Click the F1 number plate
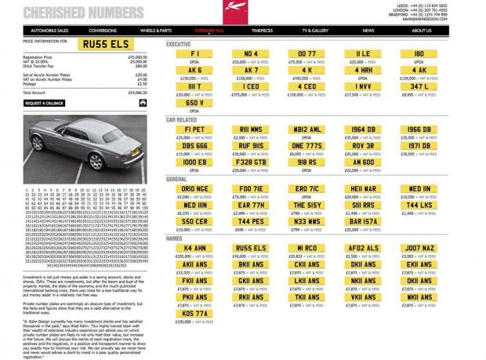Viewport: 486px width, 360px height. (x=194, y=53)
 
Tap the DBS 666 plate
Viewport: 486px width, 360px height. (x=194, y=145)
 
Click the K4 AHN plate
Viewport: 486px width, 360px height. (x=194, y=249)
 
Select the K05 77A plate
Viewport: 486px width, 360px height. (x=194, y=314)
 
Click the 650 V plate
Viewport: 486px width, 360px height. (x=194, y=102)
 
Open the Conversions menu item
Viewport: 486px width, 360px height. (x=102, y=31)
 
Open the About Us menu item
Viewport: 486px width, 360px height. (x=422, y=31)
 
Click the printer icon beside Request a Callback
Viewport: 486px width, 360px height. (x=143, y=102)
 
